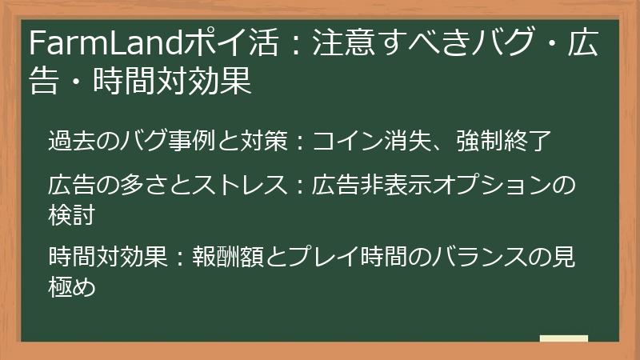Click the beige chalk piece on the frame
(564, 339)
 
